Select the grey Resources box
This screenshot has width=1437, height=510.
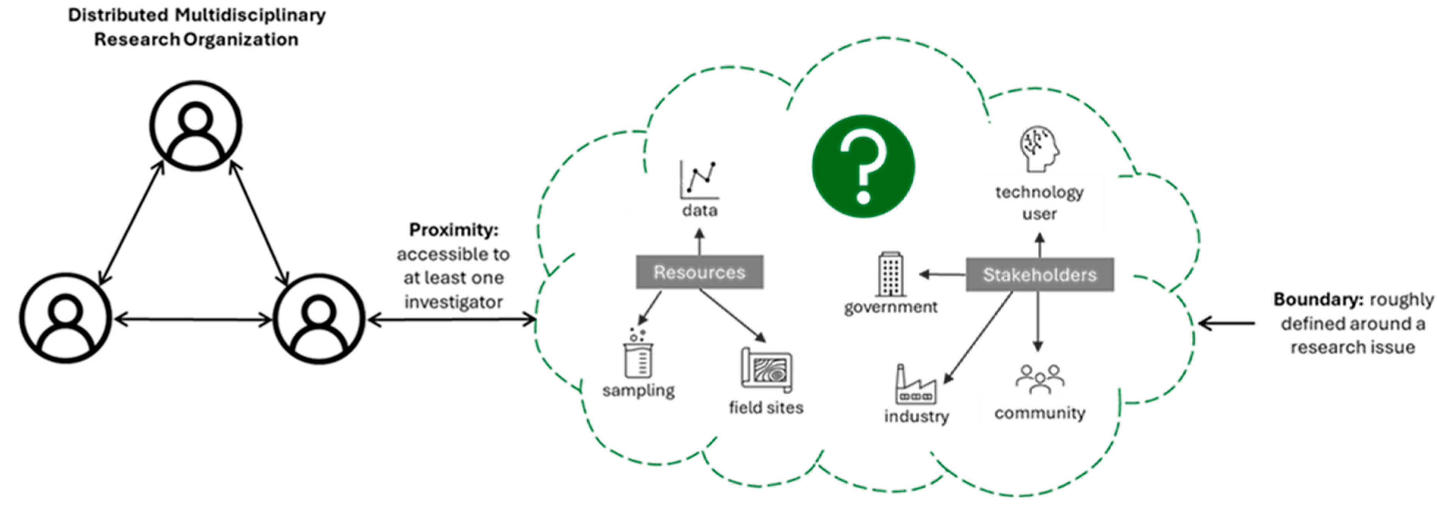coord(700,272)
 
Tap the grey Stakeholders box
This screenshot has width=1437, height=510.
coord(1039,274)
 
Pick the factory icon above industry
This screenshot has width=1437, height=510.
coord(915,385)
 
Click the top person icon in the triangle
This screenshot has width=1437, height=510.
coord(196,126)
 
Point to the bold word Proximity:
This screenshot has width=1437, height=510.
coord(453,230)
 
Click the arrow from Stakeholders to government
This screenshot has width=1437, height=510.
coord(943,274)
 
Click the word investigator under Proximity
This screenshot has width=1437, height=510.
coord(453,302)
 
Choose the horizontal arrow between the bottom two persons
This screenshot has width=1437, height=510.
coord(193,319)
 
